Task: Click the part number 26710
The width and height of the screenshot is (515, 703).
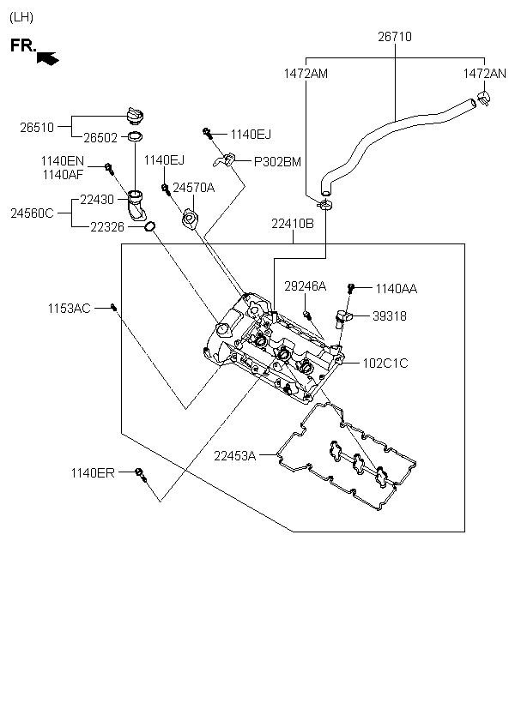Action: click(x=395, y=36)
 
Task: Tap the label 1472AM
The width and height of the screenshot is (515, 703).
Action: click(x=306, y=74)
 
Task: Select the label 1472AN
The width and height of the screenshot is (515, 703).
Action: click(x=484, y=74)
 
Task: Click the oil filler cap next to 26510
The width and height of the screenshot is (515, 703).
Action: click(x=135, y=115)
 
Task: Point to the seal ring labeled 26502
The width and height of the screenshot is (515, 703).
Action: click(x=135, y=136)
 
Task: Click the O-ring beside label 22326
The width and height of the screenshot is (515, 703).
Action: click(x=150, y=226)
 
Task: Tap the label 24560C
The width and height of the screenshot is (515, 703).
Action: click(x=32, y=213)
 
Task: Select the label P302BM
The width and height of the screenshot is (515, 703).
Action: click(x=277, y=162)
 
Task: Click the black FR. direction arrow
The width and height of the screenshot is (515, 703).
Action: click(x=47, y=58)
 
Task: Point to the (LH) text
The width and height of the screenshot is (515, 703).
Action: click(x=21, y=17)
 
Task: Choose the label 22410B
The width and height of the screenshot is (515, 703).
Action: click(x=293, y=223)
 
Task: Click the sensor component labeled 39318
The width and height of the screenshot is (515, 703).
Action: click(x=344, y=318)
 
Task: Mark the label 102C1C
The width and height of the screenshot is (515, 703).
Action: click(x=385, y=364)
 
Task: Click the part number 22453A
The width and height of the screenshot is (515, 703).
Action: click(x=235, y=456)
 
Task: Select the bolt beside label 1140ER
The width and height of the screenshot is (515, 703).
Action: click(x=140, y=474)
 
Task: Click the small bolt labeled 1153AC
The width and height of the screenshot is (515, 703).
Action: click(x=113, y=307)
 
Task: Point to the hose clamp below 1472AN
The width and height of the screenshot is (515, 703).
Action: click(x=484, y=97)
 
